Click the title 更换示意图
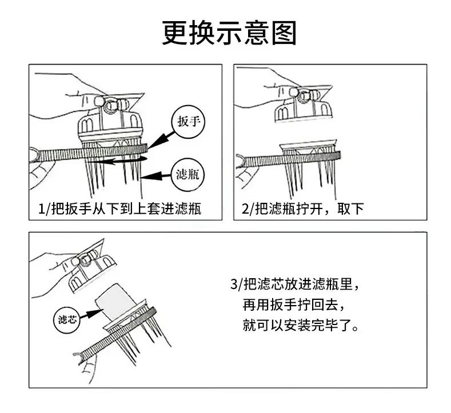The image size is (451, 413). pos(229,33)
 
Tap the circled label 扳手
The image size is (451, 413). pos(188,122)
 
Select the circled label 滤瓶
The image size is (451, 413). pos(187,175)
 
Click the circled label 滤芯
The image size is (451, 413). pos(67,319)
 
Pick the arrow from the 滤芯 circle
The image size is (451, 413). pos(91,314)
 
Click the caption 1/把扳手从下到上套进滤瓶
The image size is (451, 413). pos(119,208)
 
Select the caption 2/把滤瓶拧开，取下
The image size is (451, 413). pos(302,208)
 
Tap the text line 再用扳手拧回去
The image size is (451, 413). pos(293,305)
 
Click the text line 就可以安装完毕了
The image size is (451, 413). pos(301,326)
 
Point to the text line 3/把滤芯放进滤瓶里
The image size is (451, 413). pos(295,284)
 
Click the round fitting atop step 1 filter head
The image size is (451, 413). pos(111,106)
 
